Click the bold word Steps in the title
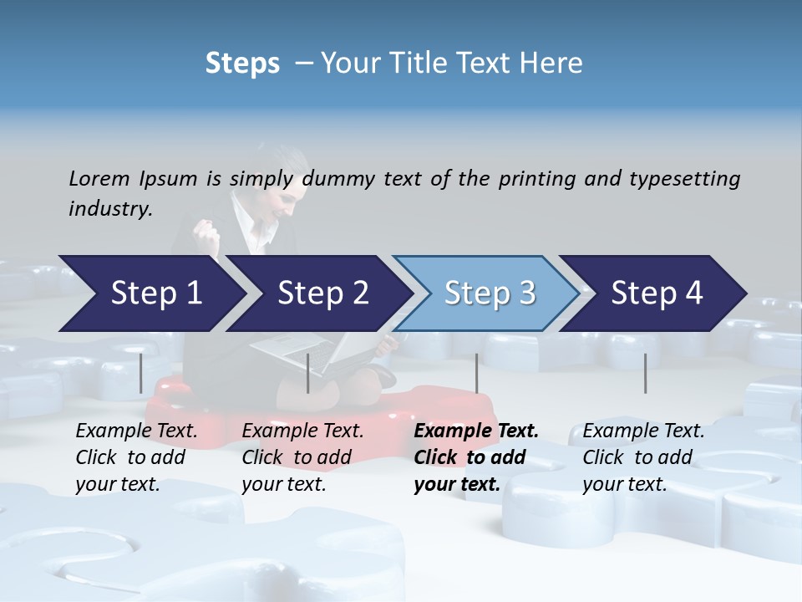click(x=242, y=64)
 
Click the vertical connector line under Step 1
click(x=140, y=373)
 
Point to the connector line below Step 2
click(x=308, y=373)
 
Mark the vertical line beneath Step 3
click(x=476, y=373)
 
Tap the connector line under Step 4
click(x=645, y=373)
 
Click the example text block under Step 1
click(x=136, y=457)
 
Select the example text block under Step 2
click(x=302, y=457)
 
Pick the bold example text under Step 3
click(x=476, y=457)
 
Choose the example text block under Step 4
click(x=643, y=457)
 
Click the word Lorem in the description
click(x=99, y=178)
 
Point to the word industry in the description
click(x=110, y=209)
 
